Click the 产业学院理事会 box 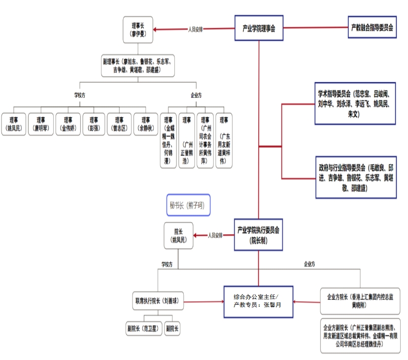[259, 28]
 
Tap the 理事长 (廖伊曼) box [138, 30]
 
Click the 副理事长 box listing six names [138, 66]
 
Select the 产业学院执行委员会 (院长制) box [258, 235]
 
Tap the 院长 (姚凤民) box [178, 236]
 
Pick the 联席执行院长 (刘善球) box [156, 300]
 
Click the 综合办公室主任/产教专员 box [258, 300]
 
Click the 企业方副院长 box [360, 336]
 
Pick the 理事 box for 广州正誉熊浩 [186, 140]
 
